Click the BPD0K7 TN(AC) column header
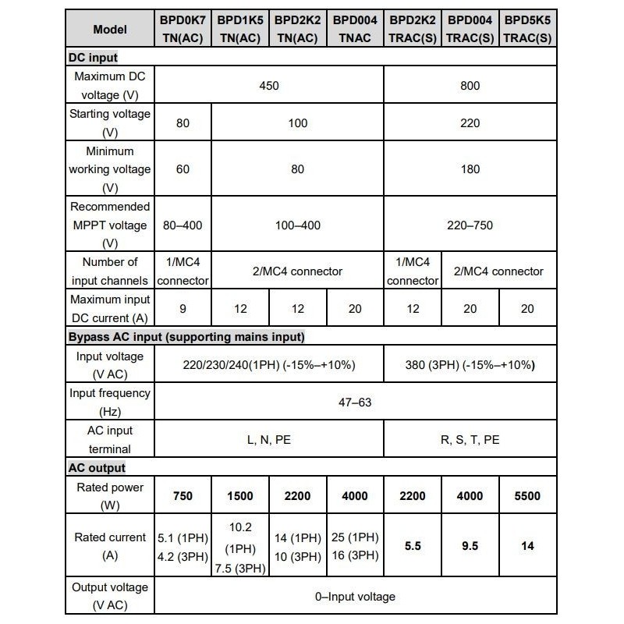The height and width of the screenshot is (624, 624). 183,28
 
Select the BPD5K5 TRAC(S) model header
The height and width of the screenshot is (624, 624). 527,28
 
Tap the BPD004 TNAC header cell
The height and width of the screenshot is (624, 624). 355,28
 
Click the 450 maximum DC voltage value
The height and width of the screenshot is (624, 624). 269,86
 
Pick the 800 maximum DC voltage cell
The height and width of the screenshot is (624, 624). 470,86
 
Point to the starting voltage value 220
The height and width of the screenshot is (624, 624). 470,123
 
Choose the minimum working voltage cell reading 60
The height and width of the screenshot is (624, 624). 183,169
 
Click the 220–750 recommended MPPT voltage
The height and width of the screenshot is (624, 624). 470,225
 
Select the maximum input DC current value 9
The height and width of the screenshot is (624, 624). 183,309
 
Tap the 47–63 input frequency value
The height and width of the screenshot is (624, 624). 355,402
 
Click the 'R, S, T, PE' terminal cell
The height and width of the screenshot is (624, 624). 470,440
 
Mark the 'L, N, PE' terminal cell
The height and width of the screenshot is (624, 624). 269,440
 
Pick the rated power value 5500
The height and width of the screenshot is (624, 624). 527,496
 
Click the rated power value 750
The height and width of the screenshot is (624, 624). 183,496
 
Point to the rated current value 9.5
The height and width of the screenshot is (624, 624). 470,546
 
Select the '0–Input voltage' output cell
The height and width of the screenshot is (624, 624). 355,597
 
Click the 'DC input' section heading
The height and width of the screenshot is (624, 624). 93,57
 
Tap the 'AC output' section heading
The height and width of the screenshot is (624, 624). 97,468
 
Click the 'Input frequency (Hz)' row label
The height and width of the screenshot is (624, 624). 109,402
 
